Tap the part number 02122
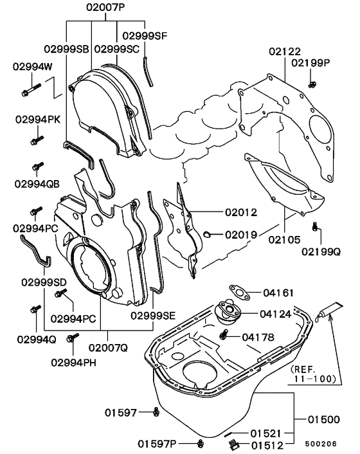point(285,51)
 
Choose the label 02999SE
point(153,315)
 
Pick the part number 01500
point(323,420)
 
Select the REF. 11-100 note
point(314,374)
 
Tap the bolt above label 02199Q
point(315,226)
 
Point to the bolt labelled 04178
point(225,335)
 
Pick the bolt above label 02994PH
point(73,337)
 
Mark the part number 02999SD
point(44,282)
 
